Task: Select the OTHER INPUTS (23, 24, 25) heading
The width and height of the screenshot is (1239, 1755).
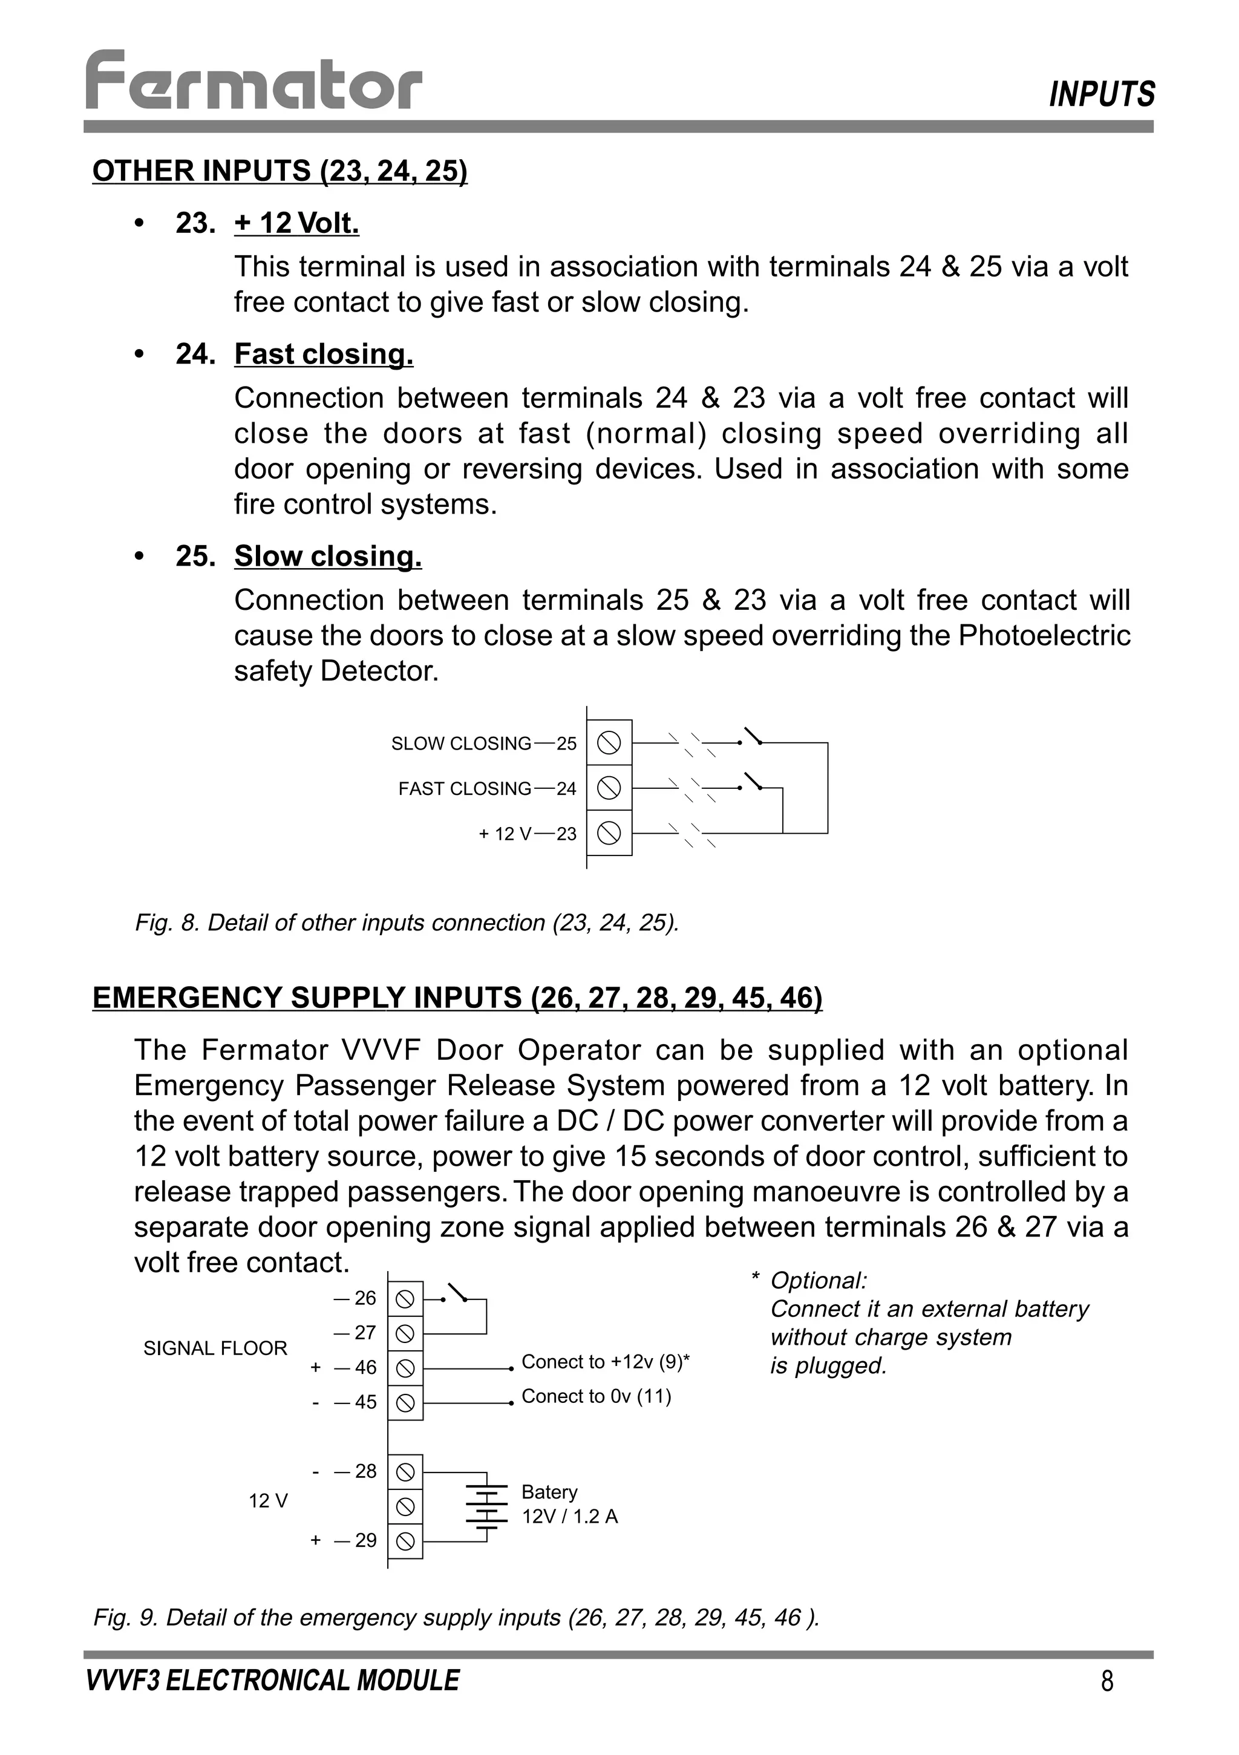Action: pyautogui.click(x=280, y=171)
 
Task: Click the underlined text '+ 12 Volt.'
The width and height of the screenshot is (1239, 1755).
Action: pyautogui.click(x=296, y=223)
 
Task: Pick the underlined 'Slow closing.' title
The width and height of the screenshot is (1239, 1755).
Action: pyautogui.click(x=328, y=556)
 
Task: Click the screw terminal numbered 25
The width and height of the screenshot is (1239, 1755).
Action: pyautogui.click(x=609, y=742)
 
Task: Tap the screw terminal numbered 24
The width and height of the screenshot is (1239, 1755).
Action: pyautogui.click(x=609, y=787)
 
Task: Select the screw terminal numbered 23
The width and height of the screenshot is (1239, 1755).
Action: pyautogui.click(x=609, y=832)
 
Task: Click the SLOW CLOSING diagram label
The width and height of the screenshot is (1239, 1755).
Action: pyautogui.click(x=461, y=744)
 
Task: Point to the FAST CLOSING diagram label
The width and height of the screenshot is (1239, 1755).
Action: pyautogui.click(x=465, y=789)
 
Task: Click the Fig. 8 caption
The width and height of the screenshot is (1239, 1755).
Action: pyautogui.click(x=407, y=923)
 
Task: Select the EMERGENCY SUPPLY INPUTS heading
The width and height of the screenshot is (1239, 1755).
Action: pyautogui.click(x=457, y=998)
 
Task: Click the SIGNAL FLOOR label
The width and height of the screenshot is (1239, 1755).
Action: pyautogui.click(x=215, y=1348)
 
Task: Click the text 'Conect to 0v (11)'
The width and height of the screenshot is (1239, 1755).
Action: pyautogui.click(x=596, y=1396)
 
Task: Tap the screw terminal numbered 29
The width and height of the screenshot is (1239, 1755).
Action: pyautogui.click(x=406, y=1541)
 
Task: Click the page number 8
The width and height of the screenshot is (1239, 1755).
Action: pyautogui.click(x=1107, y=1682)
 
